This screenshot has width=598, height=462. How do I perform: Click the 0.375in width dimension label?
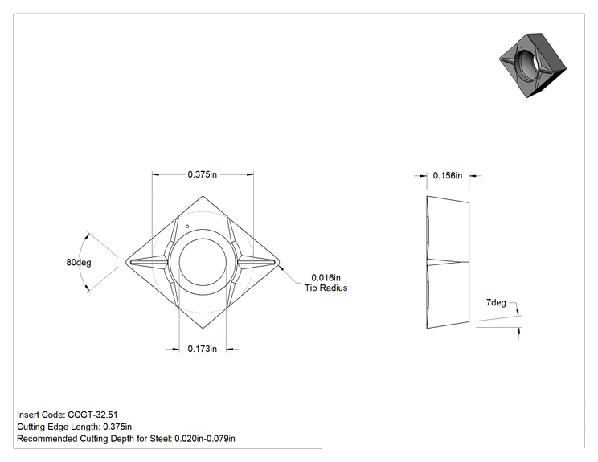click(x=202, y=174)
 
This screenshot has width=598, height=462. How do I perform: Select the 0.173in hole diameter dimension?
click(x=202, y=349)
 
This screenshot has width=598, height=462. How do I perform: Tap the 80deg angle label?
click(x=79, y=262)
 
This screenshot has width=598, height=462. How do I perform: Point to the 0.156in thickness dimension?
click(x=448, y=176)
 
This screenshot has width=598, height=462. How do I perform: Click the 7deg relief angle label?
click(x=496, y=303)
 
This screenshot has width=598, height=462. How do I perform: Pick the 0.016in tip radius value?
click(x=326, y=277)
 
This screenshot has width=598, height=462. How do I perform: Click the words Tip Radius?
click(x=326, y=288)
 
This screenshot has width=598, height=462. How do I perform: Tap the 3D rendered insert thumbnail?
click(x=533, y=65)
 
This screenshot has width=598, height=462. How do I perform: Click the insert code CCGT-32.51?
click(x=92, y=415)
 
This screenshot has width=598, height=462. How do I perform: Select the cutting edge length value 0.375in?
click(x=117, y=427)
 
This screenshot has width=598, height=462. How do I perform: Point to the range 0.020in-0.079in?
click(x=205, y=439)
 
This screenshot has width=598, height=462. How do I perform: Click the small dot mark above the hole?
click(x=187, y=227)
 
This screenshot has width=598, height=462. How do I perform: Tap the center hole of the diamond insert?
click(x=203, y=262)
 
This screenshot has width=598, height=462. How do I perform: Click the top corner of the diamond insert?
click(x=203, y=196)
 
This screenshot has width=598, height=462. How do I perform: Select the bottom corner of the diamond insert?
click(x=203, y=328)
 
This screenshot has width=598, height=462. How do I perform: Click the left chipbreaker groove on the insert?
click(x=149, y=262)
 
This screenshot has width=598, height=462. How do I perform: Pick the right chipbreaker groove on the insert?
click(x=256, y=262)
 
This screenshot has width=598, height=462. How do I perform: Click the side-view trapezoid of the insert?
click(x=448, y=262)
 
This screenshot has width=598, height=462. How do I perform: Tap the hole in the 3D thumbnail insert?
click(x=527, y=63)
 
